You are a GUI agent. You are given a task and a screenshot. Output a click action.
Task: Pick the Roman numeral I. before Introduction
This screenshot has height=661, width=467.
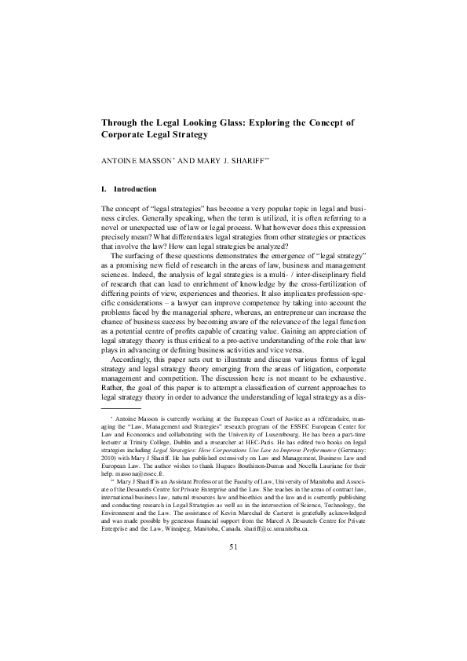[104, 189]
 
